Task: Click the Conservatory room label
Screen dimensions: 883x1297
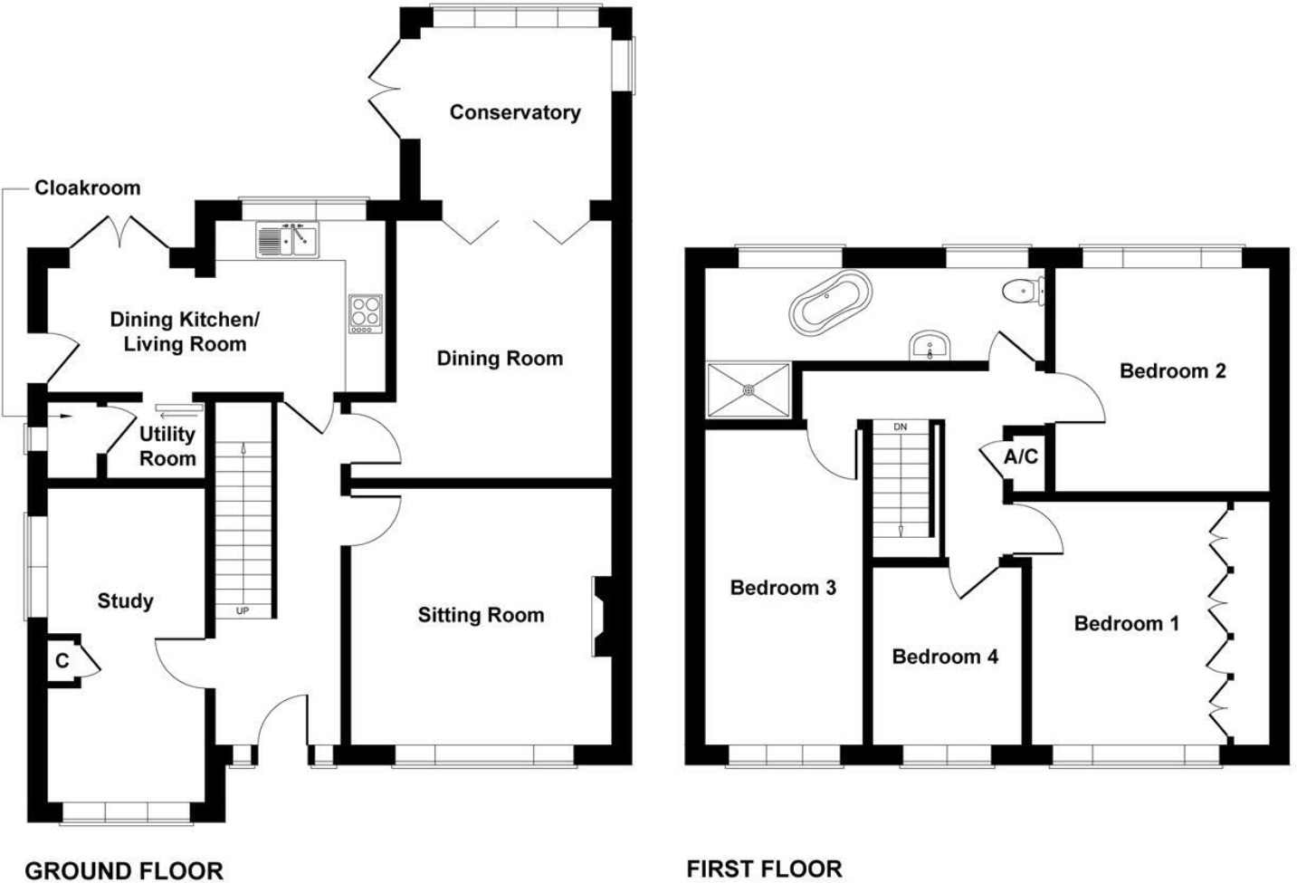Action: click(x=514, y=112)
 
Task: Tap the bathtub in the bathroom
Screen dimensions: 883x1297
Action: click(x=831, y=300)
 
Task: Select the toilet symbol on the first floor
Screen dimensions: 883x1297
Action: click(x=1023, y=291)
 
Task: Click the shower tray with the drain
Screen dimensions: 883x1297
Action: click(x=749, y=390)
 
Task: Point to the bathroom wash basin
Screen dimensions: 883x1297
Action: click(x=930, y=345)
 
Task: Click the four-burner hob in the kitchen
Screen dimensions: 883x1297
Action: click(x=365, y=313)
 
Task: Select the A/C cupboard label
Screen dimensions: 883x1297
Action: click(x=1021, y=457)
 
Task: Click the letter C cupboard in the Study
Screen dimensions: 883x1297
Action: click(x=62, y=661)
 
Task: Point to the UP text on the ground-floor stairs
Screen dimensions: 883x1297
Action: click(x=243, y=611)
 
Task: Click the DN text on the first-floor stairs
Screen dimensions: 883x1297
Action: click(x=900, y=427)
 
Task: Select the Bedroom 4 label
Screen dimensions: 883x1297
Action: click(x=945, y=657)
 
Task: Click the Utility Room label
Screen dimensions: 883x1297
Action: click(x=167, y=446)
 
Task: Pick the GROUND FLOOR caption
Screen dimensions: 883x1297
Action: click(x=124, y=870)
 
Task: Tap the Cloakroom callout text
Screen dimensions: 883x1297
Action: click(x=88, y=188)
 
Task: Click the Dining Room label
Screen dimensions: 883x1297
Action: click(x=500, y=359)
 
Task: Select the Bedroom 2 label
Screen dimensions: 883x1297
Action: click(x=1172, y=370)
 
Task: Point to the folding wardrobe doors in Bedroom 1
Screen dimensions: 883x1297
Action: click(x=1220, y=625)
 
